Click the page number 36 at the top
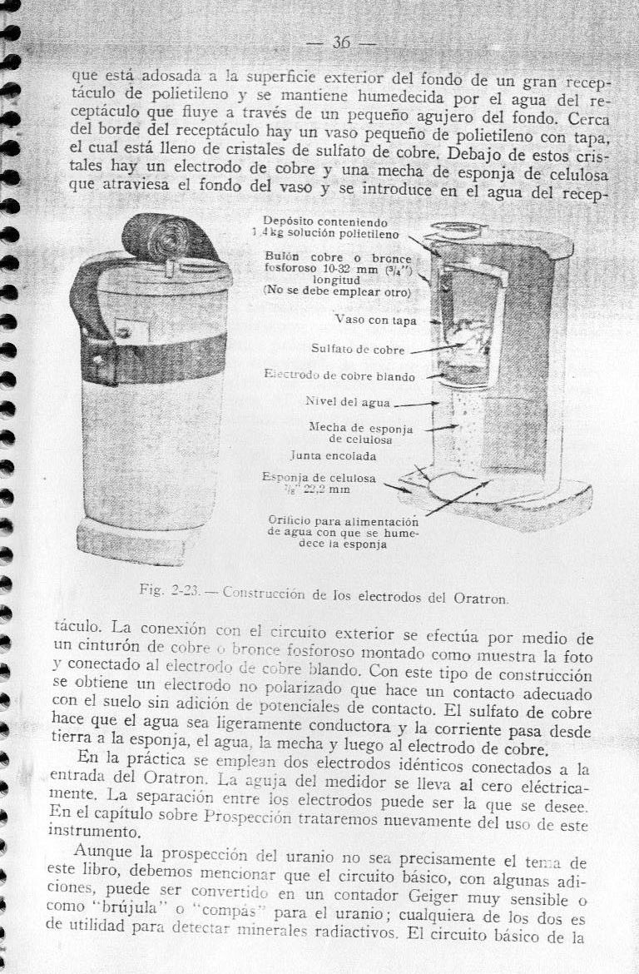(x=341, y=42)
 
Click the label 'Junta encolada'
(x=333, y=456)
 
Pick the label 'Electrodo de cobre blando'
(x=339, y=376)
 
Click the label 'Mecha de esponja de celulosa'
(x=349, y=433)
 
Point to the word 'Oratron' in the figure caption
(x=483, y=598)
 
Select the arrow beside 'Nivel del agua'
(x=417, y=405)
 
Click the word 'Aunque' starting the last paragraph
(x=103, y=851)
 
